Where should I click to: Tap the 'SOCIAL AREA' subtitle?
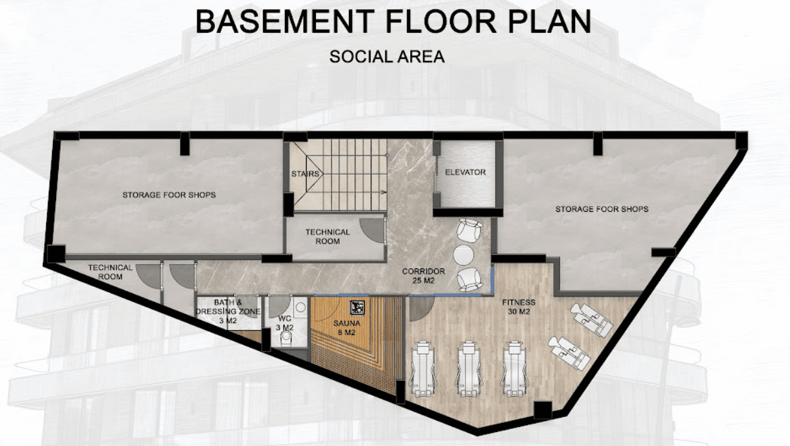click(387, 57)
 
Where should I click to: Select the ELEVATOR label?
click(466, 172)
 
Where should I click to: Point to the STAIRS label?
click(305, 174)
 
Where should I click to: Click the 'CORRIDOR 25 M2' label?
click(423, 276)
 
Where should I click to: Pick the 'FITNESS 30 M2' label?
click(519, 307)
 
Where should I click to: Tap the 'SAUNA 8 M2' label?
click(347, 328)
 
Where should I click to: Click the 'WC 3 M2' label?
click(285, 323)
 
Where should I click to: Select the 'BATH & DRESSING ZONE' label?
click(228, 307)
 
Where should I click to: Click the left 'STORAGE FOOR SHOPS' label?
click(169, 195)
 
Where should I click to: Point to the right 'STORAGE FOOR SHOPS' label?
click(602, 208)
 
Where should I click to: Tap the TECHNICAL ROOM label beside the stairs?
click(328, 236)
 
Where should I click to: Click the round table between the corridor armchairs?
click(464, 255)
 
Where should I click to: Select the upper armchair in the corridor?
click(469, 230)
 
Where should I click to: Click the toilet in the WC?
click(286, 342)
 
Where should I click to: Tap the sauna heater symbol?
click(357, 307)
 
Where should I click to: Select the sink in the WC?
click(301, 306)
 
